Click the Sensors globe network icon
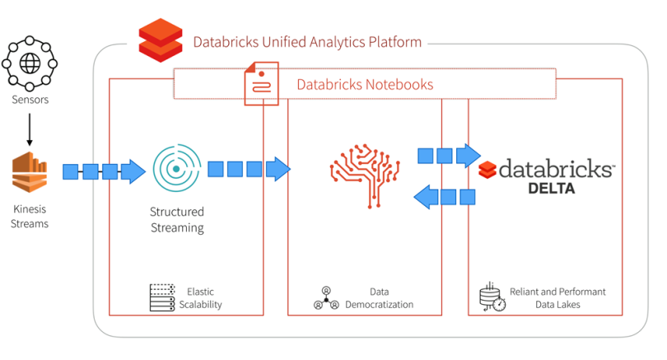(x=30, y=63)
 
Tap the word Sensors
(x=30, y=100)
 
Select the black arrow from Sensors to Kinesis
(x=30, y=129)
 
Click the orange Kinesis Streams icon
(x=30, y=172)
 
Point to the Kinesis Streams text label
(x=30, y=216)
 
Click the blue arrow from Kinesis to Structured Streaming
(x=105, y=171)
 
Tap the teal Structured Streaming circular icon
(x=176, y=169)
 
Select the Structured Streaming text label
(x=177, y=220)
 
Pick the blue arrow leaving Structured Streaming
(x=249, y=169)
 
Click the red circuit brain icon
(x=365, y=175)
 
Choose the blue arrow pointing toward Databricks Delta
(x=450, y=156)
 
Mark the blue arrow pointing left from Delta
(x=445, y=197)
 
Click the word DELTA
(x=551, y=188)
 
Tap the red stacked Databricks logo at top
(x=161, y=40)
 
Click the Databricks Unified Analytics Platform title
(x=307, y=42)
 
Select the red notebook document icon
(x=261, y=83)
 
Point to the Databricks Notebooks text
(x=365, y=84)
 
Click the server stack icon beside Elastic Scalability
(x=162, y=297)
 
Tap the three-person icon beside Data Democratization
(x=326, y=298)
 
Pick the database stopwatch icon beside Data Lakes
(x=492, y=297)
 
